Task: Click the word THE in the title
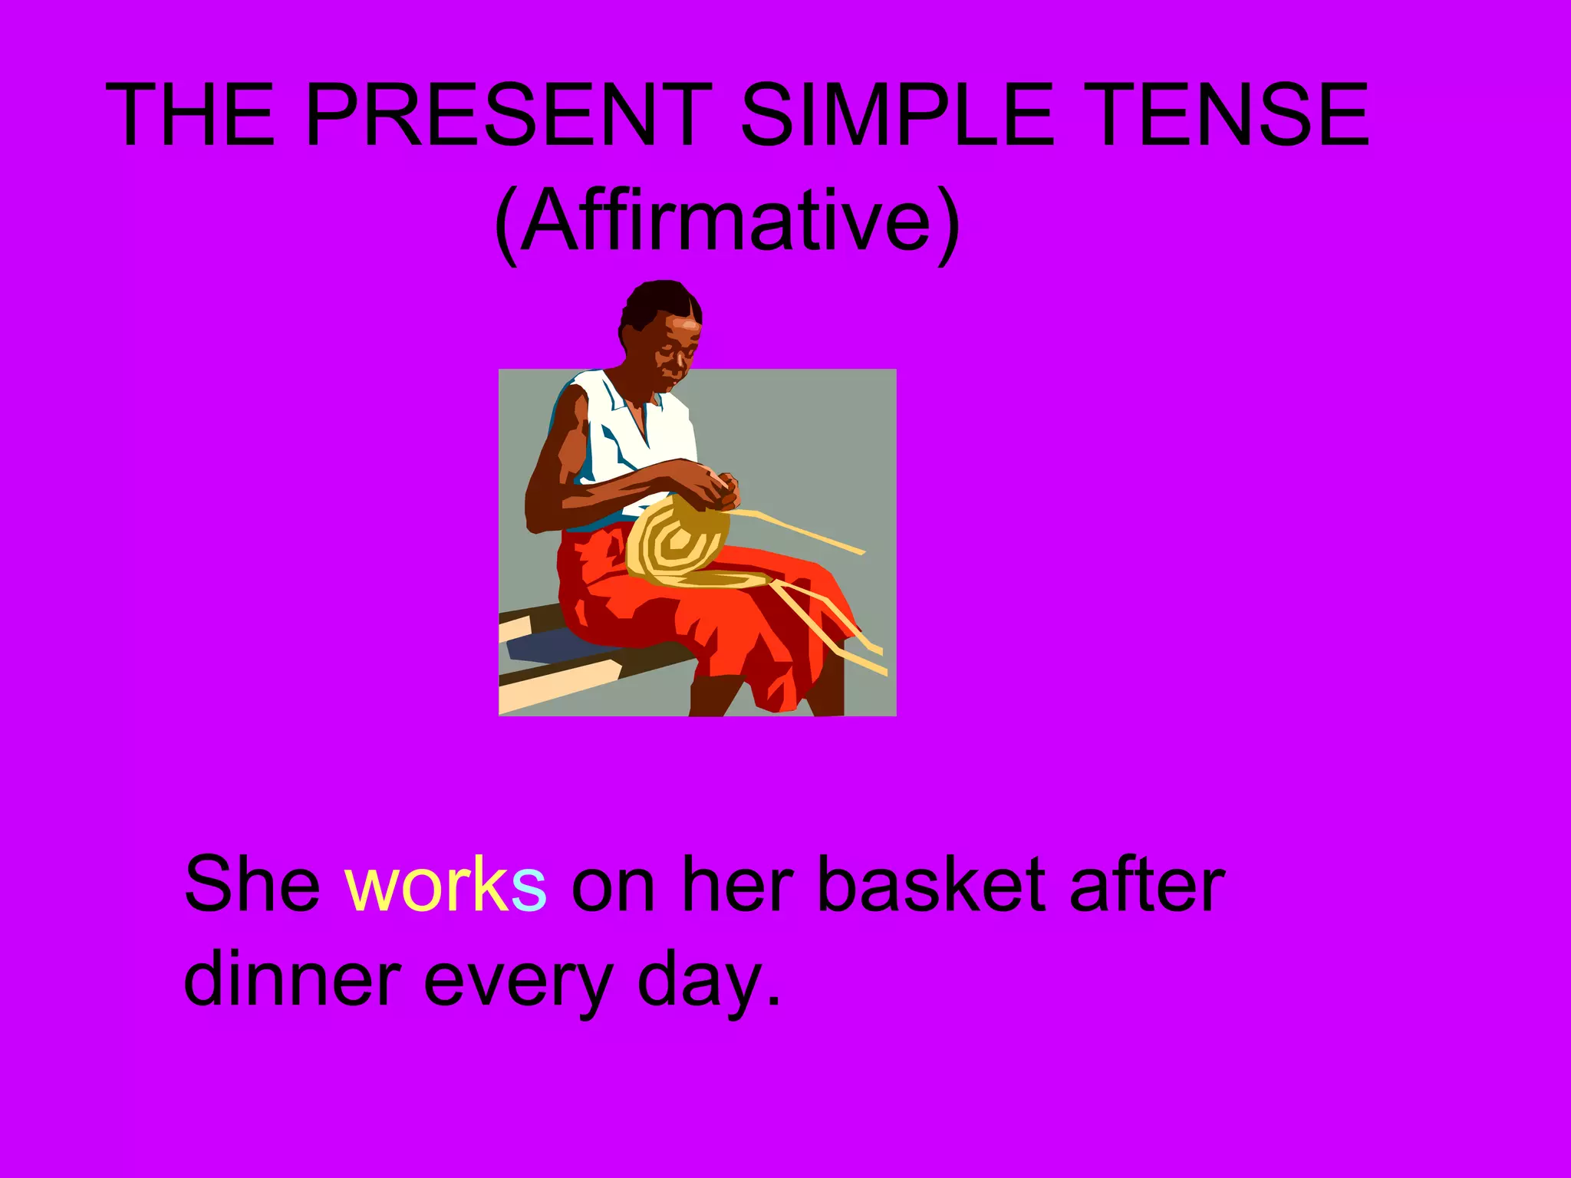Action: point(190,115)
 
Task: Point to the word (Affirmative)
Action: point(726,222)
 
